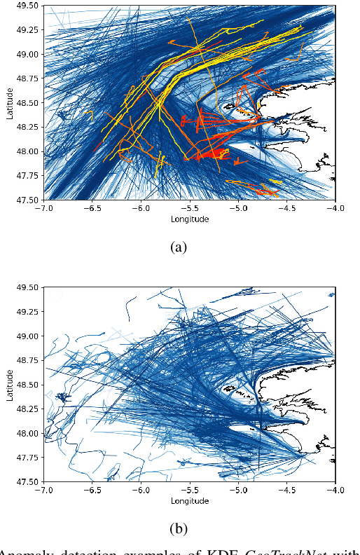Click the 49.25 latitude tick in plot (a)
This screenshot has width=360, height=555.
pos(28,30)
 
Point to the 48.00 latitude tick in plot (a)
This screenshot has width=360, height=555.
pos(28,151)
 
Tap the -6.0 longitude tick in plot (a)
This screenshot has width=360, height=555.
pos(141,208)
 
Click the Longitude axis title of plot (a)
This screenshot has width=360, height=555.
pos(190,219)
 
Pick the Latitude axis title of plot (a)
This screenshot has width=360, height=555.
pos(11,103)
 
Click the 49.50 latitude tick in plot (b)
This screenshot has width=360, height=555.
pos(28,288)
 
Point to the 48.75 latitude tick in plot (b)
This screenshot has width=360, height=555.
pos(28,360)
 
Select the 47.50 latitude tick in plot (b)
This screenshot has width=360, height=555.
pos(28,481)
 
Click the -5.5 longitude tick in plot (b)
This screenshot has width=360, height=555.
pos(190,490)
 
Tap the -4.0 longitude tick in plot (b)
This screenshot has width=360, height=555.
pos(335,490)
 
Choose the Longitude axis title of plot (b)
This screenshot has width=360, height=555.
pos(190,500)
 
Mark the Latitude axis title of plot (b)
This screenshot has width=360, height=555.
pos(11,385)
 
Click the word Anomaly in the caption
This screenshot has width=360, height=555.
pos(27,550)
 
